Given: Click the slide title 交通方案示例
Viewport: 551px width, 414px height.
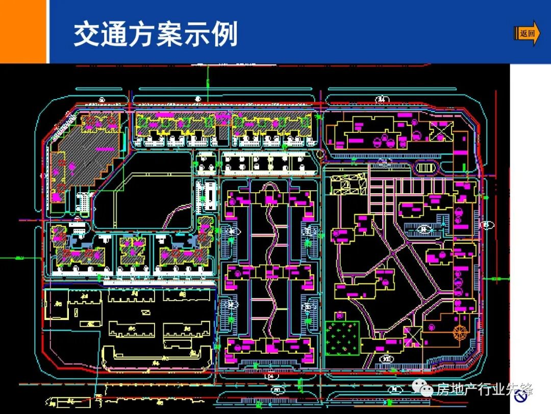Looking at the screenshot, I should [x=156, y=34].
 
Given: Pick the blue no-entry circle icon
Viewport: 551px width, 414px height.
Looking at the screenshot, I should [x=521, y=398].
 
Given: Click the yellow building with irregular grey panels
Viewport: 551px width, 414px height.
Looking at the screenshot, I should [x=349, y=184].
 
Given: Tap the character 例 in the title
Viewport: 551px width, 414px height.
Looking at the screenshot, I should [x=225, y=34].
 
